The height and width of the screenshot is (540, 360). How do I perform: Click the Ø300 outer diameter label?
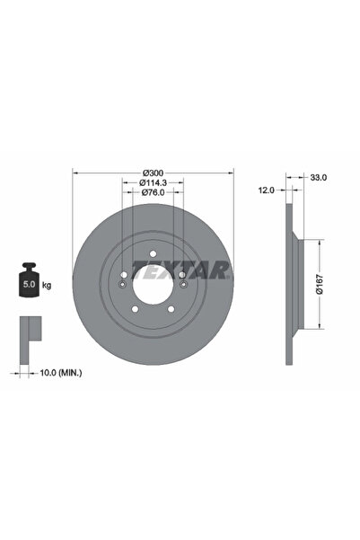tap(153, 172)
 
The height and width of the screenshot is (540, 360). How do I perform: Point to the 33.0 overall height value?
tap(316, 178)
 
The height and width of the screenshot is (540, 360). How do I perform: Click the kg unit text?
tap(46, 285)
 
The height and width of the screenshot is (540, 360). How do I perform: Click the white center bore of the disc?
tap(153, 289)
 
